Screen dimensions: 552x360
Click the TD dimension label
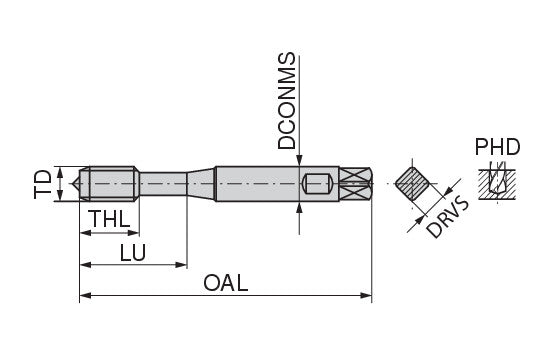42,184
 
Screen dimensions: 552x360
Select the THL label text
111,219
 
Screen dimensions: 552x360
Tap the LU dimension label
133,252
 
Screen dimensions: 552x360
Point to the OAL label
225,283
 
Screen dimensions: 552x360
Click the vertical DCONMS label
286,101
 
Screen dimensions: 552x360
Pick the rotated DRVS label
447,219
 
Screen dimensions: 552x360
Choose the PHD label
497,147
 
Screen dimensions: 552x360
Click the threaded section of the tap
112,184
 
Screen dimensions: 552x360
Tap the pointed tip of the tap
74,184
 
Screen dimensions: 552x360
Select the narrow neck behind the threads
163,183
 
